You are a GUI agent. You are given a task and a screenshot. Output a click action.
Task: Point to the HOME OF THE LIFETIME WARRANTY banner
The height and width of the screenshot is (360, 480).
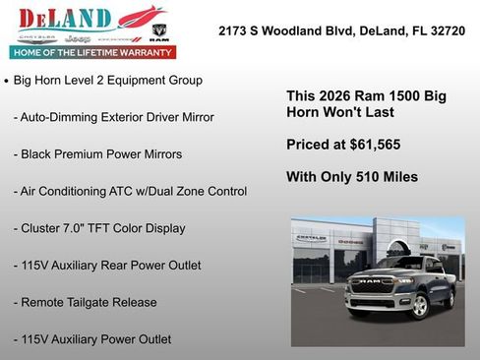coord(91,52)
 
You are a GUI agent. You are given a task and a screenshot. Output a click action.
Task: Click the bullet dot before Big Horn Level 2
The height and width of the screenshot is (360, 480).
coord(8,81)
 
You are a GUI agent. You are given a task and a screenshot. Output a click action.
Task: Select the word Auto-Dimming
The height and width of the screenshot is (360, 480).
coord(63,117)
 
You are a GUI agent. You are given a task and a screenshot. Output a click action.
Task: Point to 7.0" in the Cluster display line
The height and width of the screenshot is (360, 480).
coord(80,228)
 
